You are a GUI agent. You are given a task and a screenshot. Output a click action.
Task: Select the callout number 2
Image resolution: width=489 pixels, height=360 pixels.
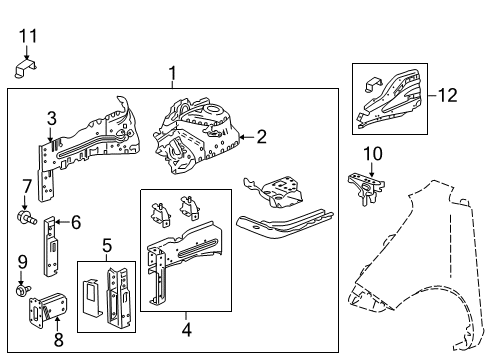pyautogui.click(x=262, y=136)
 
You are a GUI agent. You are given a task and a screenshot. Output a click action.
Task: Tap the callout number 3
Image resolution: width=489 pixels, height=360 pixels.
pyautogui.click(x=51, y=120)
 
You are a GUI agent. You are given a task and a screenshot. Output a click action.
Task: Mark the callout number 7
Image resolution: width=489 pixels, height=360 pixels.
pyautogui.click(x=26, y=187)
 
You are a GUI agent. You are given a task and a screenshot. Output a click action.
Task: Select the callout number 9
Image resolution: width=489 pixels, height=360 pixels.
pyautogui.click(x=22, y=262)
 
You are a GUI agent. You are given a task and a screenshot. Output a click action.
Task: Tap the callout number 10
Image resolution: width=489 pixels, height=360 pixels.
pyautogui.click(x=372, y=153)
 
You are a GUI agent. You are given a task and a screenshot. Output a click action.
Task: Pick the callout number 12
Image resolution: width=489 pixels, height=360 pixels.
pyautogui.click(x=449, y=95)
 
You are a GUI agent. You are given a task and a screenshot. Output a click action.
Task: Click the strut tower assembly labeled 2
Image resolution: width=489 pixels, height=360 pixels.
pyautogui.click(x=200, y=131)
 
